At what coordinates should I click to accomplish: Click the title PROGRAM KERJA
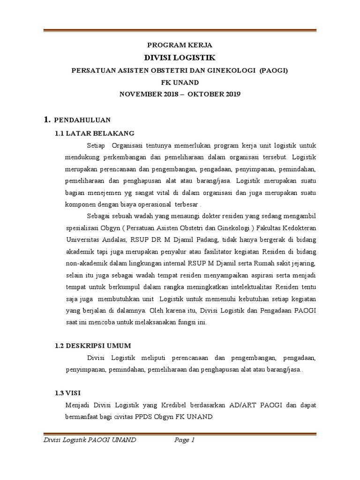point(180,45)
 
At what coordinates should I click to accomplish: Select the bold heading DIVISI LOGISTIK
point(180,58)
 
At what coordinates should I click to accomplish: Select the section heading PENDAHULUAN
point(82,120)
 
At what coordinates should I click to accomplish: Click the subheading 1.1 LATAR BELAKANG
point(95,133)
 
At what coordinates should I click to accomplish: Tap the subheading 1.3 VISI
point(68,392)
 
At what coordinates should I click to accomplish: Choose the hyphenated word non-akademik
point(85,262)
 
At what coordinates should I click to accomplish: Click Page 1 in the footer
point(184,440)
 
